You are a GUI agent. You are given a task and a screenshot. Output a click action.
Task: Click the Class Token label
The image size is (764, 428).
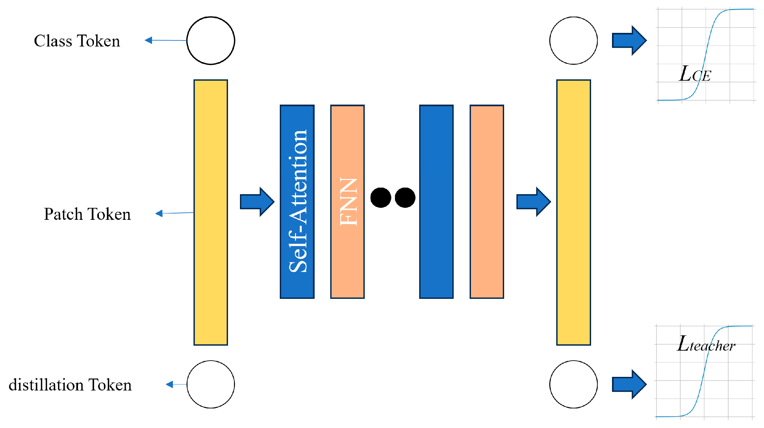click(x=77, y=41)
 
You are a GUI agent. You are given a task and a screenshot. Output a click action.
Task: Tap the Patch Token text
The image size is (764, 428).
click(x=87, y=214)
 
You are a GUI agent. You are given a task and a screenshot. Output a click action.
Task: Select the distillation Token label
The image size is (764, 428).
click(x=70, y=385)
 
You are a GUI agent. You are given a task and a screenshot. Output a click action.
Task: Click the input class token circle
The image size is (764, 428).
click(x=211, y=41)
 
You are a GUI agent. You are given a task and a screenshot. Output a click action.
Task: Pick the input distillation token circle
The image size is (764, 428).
click(x=211, y=384)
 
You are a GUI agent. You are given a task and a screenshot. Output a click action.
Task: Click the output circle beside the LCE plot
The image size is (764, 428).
click(x=573, y=41)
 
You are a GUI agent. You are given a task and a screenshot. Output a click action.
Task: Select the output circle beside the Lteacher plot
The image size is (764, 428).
click(x=573, y=384)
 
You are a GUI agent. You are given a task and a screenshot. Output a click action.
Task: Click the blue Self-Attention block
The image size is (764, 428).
click(x=297, y=202)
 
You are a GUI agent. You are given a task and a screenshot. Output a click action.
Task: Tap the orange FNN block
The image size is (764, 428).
click(x=347, y=202)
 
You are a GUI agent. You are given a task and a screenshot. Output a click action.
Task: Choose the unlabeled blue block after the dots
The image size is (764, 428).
click(x=436, y=202)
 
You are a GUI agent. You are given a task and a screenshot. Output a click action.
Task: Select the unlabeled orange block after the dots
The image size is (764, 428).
click(x=487, y=202)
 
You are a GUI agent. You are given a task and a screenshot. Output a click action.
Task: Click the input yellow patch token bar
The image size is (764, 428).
click(x=211, y=213)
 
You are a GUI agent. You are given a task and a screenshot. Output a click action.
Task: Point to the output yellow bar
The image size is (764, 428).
click(x=573, y=213)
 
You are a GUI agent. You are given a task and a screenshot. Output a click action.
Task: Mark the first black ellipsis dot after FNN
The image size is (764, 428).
click(x=381, y=198)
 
